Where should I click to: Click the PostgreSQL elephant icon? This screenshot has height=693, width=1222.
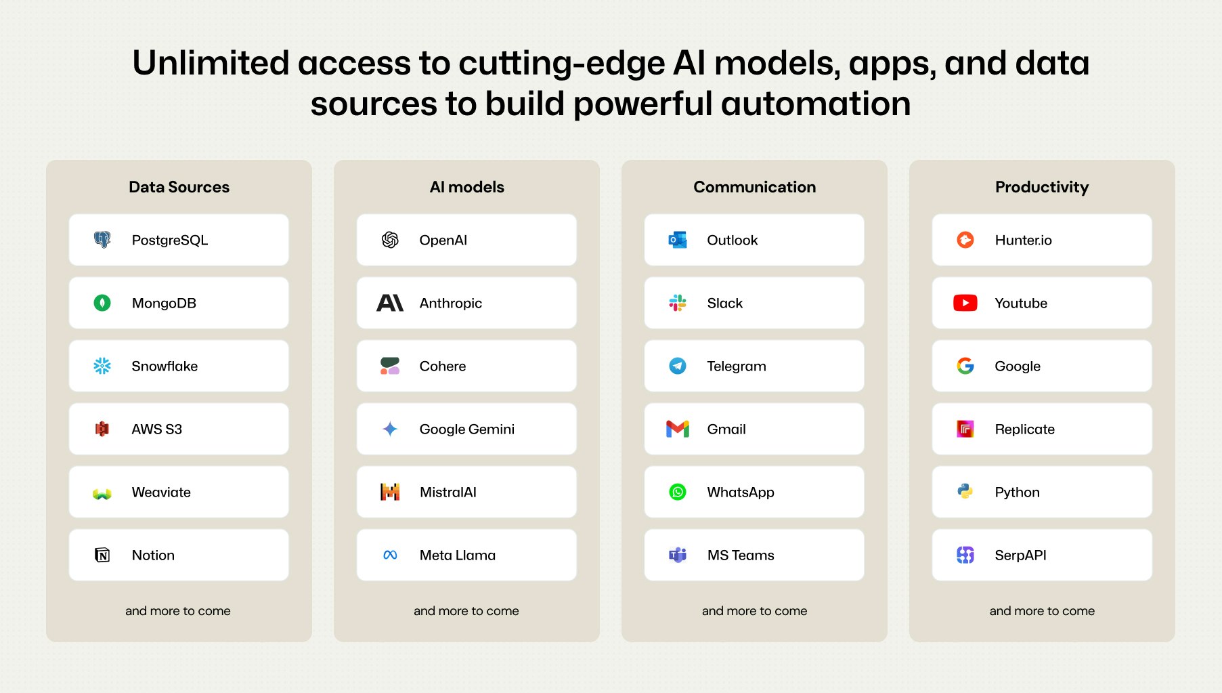point(102,240)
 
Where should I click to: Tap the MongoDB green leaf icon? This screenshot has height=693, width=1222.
point(102,303)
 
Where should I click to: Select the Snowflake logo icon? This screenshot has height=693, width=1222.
point(102,366)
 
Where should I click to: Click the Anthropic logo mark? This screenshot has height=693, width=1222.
point(390,303)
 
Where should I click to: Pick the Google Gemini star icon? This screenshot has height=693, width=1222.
point(390,429)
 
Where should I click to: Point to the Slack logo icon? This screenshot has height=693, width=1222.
point(678,303)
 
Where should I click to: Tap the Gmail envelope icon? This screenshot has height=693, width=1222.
point(678,429)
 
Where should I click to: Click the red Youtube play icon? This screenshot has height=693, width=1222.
point(965,303)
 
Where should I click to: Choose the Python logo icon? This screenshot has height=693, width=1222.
point(965,492)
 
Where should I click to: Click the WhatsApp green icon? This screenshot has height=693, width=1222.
point(678,492)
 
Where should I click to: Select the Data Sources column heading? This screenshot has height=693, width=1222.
point(179,187)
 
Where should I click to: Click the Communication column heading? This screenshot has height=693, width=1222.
point(755,187)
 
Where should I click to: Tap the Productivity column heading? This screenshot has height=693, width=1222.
point(1042,188)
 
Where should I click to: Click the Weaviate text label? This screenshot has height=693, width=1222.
point(161,492)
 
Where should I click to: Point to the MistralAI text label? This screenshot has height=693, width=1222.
point(448,492)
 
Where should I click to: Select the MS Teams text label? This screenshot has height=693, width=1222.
point(741,555)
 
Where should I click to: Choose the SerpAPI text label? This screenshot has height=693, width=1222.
point(1020,555)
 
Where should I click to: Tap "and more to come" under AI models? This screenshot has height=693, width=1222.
point(466,610)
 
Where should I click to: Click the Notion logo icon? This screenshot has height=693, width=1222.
point(102,555)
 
